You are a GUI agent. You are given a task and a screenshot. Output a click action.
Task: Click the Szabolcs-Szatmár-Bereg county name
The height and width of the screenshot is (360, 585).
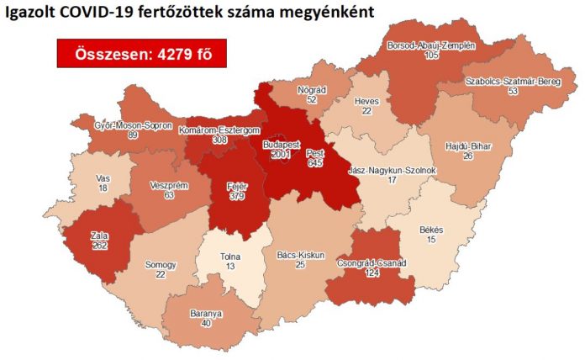(514, 81)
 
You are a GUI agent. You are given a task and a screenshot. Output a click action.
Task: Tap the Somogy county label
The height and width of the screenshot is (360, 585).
(161, 264)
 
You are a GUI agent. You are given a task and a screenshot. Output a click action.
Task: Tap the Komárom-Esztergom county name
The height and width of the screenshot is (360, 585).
(218, 131)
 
